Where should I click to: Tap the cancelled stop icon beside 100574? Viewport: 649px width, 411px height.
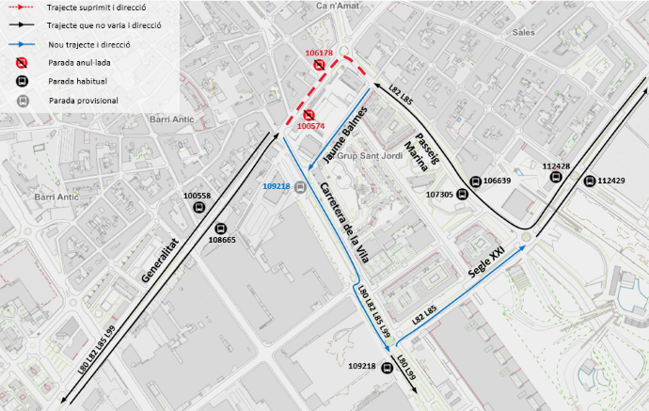(308, 115)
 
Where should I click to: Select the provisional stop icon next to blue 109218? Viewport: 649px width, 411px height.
(300, 186)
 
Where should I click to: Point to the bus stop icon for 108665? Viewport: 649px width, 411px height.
(222, 228)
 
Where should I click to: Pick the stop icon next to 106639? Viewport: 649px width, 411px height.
(473, 182)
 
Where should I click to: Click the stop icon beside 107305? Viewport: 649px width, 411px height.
(463, 195)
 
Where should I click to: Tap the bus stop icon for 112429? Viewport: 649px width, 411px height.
(590, 181)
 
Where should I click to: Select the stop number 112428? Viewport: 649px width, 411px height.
(556, 166)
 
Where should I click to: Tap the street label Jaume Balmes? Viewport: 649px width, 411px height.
(343, 133)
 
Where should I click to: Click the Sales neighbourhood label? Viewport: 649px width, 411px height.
(523, 31)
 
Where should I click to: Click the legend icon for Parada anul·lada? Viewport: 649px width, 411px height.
(22, 63)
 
